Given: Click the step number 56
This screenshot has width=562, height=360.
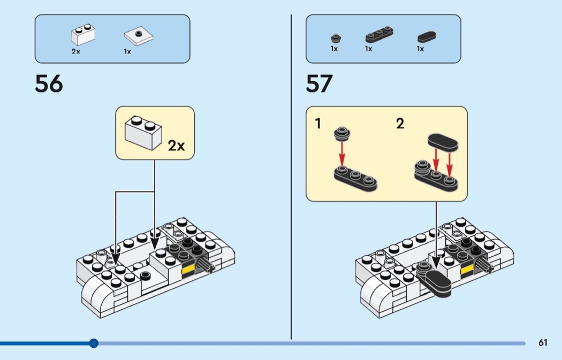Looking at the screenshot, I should point(49,84).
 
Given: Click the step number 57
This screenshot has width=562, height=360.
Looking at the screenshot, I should point(320,84).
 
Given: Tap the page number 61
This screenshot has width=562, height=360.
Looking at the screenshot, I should point(543,343).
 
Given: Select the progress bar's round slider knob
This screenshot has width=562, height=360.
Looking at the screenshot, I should point(94,343).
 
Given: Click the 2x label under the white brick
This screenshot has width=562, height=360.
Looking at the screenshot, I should point(75,52).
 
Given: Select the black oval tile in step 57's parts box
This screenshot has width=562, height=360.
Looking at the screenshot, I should point(427,37).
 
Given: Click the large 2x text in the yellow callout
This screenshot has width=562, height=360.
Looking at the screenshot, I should point(176,145).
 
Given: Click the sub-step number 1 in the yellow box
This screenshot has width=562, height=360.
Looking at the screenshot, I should point(318,124).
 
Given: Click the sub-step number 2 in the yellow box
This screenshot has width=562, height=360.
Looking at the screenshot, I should point(400,124).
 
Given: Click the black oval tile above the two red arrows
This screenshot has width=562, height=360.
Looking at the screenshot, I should point(443,142).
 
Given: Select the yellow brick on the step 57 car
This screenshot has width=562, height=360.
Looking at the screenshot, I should point(467,269).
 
